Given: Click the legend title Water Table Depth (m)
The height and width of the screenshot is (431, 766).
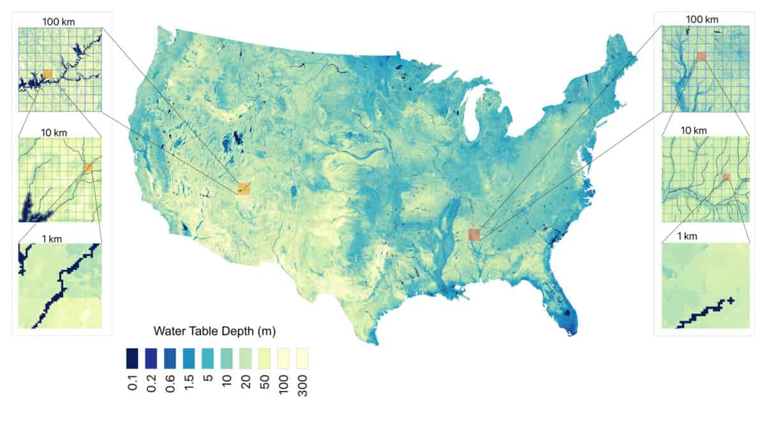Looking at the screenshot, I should (214, 331).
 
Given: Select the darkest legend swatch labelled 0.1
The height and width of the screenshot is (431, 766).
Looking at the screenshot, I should (133, 358).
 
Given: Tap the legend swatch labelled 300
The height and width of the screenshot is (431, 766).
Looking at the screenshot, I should (302, 358).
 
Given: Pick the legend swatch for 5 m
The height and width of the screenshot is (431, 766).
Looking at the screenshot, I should (208, 358).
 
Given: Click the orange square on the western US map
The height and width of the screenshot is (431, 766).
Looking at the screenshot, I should (243, 188).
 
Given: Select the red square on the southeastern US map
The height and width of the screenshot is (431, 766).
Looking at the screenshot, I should (474, 234).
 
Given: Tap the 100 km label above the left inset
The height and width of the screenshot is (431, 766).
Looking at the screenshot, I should (59, 21).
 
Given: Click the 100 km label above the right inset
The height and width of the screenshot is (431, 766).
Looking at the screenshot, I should (702, 20).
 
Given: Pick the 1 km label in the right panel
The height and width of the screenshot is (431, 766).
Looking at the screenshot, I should (687, 237).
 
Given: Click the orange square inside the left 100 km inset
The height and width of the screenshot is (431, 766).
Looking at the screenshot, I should (47, 74).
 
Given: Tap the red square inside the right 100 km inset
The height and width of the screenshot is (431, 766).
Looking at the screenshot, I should (702, 56).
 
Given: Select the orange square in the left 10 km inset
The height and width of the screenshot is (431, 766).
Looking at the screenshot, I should (88, 167).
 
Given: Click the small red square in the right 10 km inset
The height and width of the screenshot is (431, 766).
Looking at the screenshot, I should (726, 177).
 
